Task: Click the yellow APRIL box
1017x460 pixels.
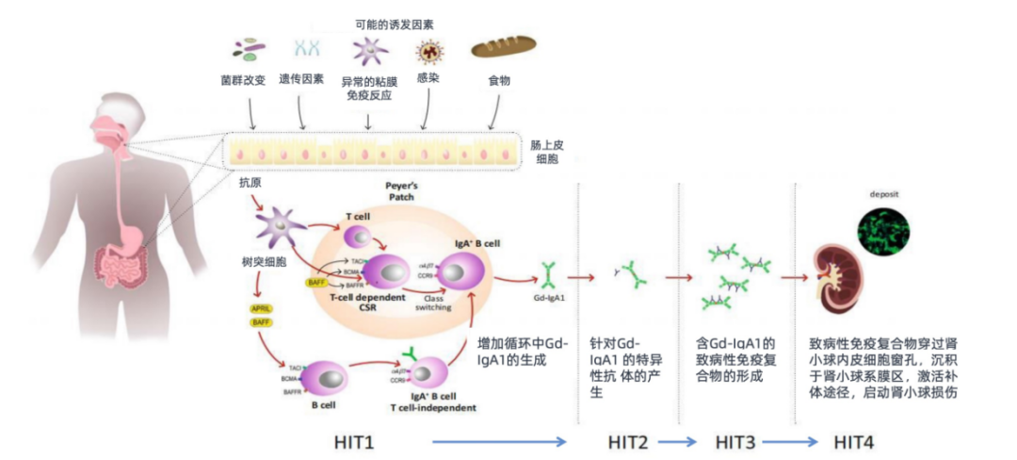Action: click(261, 308)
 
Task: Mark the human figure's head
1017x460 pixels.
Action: click(105, 121)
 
